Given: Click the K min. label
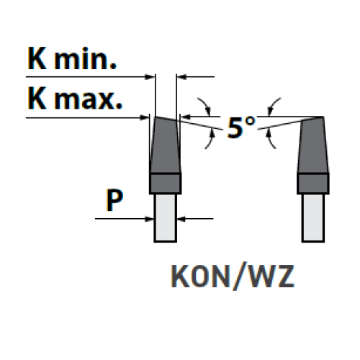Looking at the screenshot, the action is [x=72, y=58].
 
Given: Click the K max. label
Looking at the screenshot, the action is [x=75, y=99].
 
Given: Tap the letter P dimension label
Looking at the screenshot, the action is [x=114, y=200].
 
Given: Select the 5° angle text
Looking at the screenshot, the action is [x=241, y=127].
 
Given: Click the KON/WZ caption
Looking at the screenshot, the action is [x=233, y=276].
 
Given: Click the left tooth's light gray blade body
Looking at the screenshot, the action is [x=166, y=217].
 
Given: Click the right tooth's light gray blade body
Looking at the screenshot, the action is [x=313, y=217].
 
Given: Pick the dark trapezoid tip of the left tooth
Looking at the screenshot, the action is [x=165, y=145].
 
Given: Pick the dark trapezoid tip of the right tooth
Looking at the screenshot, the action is [x=313, y=145].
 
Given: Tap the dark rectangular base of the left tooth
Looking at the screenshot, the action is [x=165, y=184].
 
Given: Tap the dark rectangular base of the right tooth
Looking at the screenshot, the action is [x=313, y=184].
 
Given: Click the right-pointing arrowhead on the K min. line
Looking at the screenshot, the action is [x=150, y=77].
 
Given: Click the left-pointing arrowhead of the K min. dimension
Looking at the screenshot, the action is [x=181, y=77].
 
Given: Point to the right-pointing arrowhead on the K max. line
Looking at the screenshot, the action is [x=145, y=117].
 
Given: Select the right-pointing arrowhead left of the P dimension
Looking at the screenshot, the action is [x=149, y=219].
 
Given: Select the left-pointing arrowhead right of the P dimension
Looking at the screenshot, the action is [x=181, y=219].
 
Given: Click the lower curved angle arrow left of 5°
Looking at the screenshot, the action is [x=210, y=139].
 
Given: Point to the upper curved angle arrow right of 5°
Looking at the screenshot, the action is [x=272, y=106].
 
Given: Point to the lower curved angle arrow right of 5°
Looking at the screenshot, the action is [x=270, y=139].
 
